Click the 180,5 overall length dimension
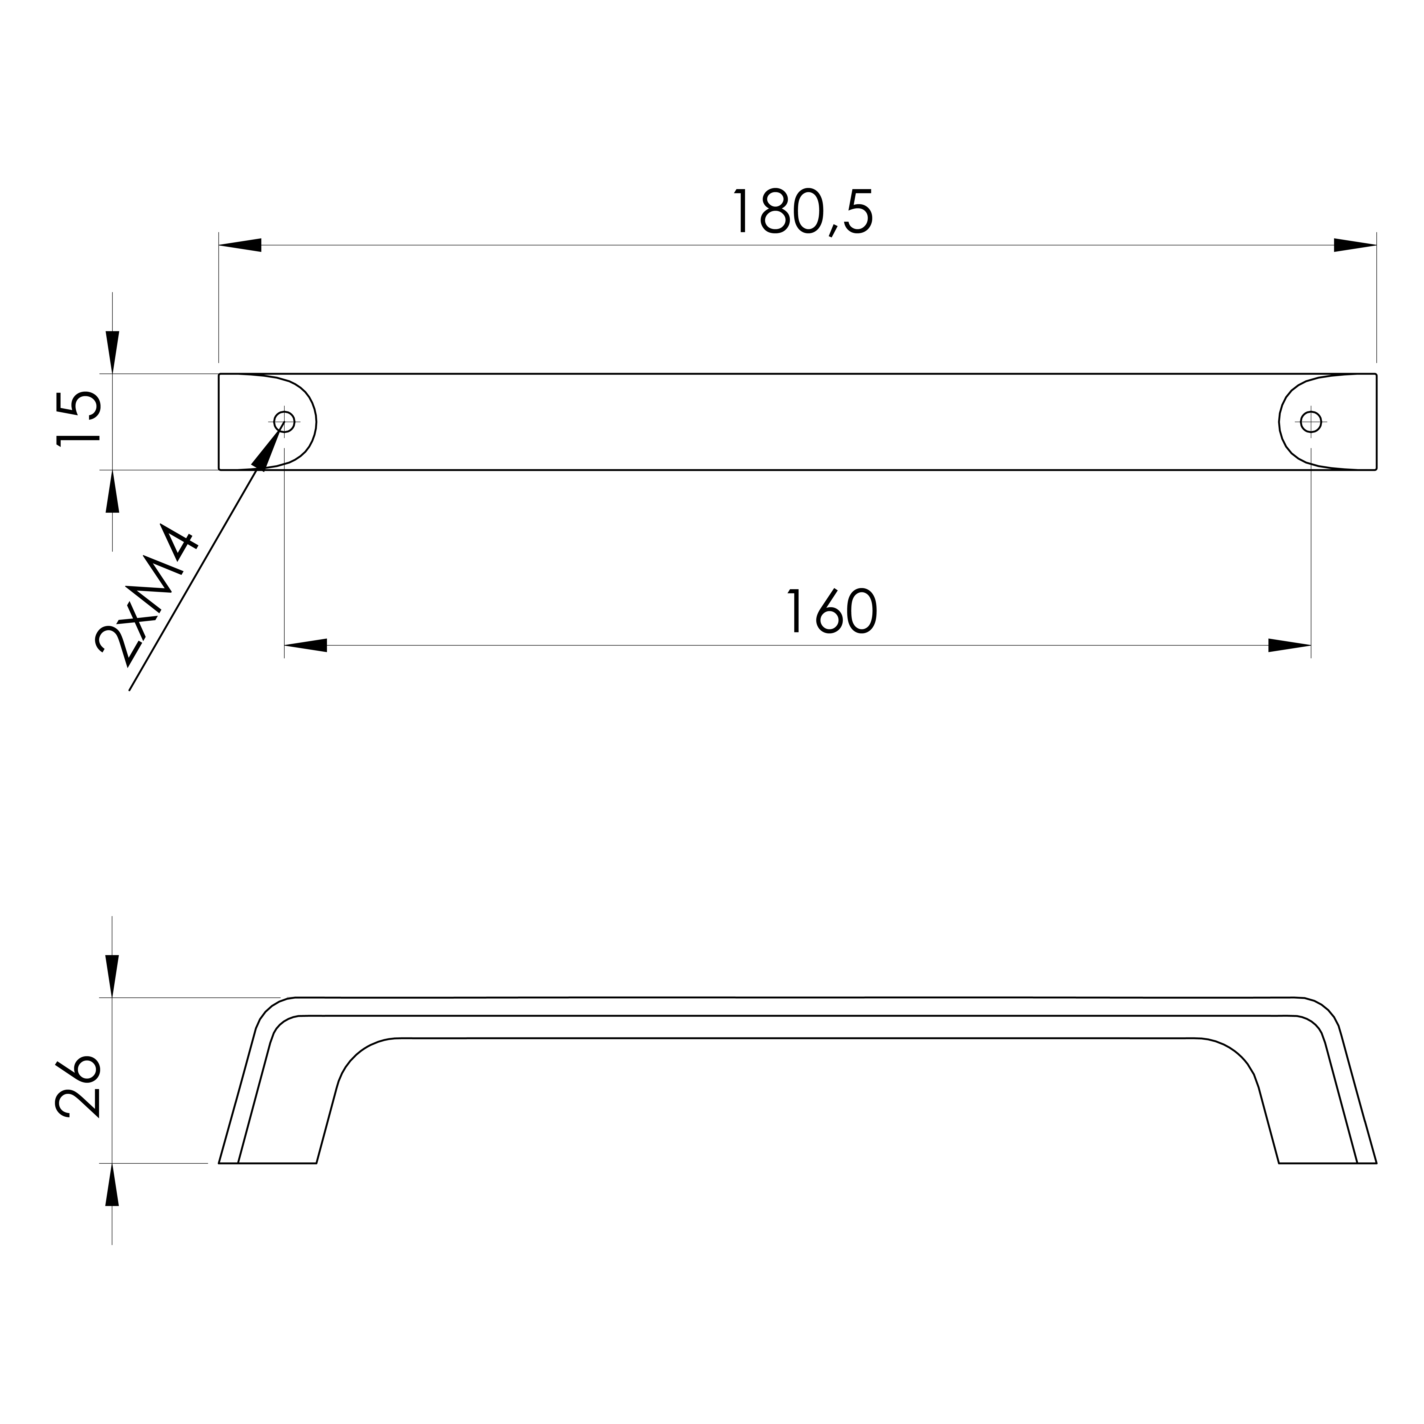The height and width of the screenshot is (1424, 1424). click(803, 212)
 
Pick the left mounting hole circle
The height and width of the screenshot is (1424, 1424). click(284, 422)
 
